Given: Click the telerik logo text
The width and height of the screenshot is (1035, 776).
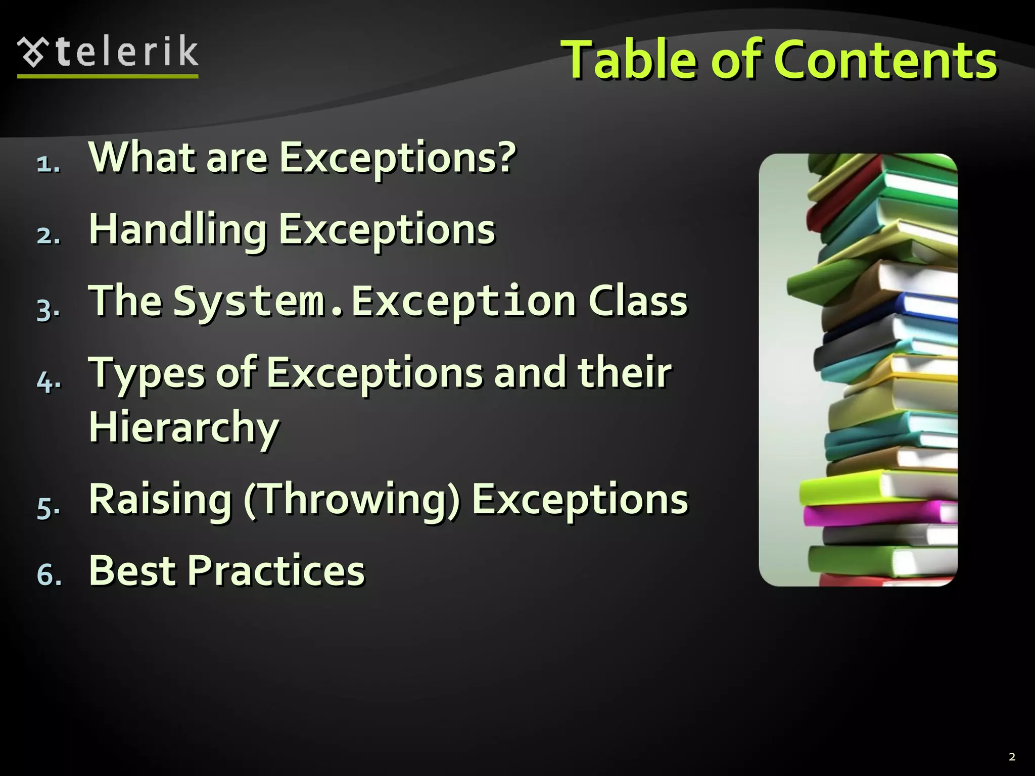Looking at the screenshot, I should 127,52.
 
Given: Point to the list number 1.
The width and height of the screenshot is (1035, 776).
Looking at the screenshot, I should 48,164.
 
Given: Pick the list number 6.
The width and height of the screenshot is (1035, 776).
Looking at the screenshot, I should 49,575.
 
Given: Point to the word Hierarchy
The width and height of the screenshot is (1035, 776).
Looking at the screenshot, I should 184,427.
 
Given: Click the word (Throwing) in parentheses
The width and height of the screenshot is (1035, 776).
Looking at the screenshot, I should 352,500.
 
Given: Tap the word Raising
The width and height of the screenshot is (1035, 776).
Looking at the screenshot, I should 160,500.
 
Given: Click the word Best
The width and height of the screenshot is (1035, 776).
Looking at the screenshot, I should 132,571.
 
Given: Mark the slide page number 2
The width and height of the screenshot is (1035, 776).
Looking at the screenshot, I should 1012,757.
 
